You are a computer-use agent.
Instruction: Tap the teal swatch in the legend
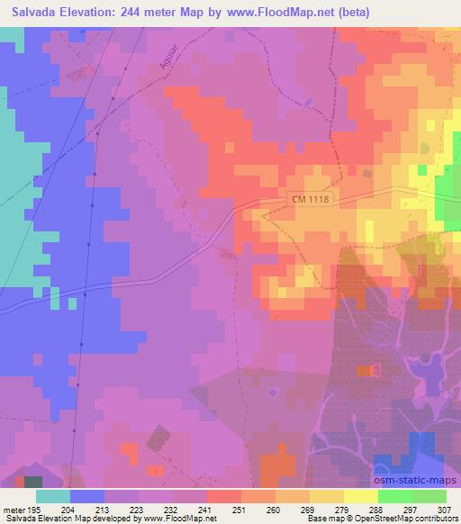53,496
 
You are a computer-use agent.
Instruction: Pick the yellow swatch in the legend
359,496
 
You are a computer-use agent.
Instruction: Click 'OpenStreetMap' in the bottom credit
365,519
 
